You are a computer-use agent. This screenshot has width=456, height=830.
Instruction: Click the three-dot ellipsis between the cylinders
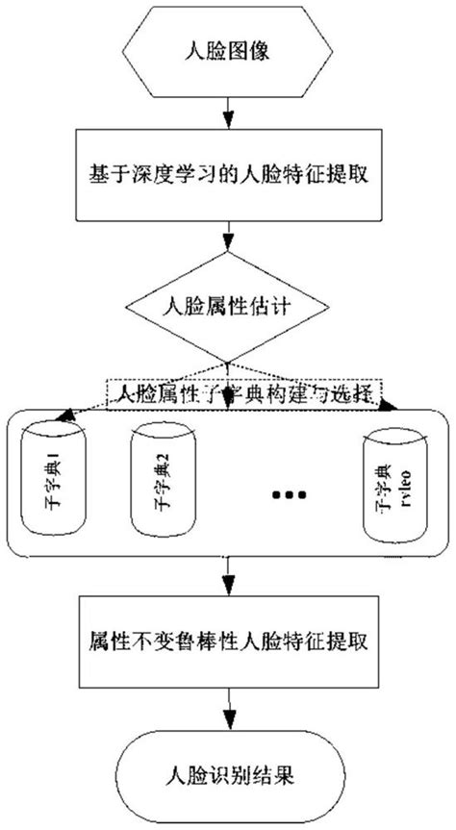tap(288, 494)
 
